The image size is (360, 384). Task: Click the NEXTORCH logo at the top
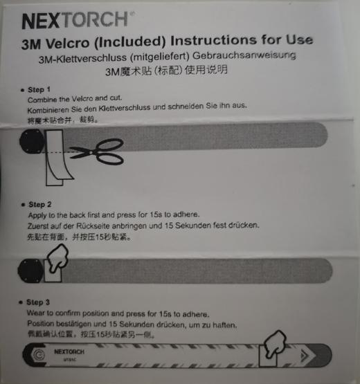75,19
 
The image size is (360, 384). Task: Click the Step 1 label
39,90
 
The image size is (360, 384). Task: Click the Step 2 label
39,205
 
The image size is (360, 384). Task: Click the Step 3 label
39,302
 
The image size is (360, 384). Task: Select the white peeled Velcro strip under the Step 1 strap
55,166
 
